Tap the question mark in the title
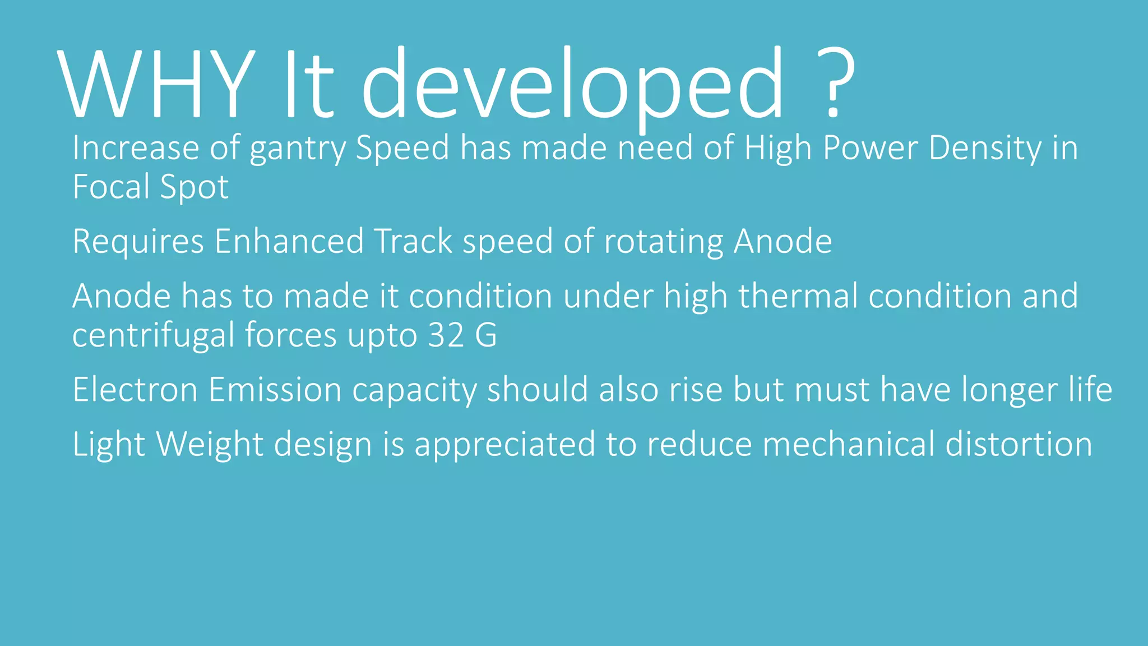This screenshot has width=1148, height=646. click(x=835, y=84)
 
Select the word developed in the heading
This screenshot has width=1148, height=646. click(x=572, y=84)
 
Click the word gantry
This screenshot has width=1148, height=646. click(x=297, y=149)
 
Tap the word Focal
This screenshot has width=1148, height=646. click(x=112, y=187)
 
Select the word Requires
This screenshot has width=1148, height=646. click(x=138, y=242)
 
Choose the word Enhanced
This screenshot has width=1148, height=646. click(x=289, y=241)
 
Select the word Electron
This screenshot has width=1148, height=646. click(x=135, y=390)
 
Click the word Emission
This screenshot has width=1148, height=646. click(x=275, y=390)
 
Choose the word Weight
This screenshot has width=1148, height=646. click(x=210, y=445)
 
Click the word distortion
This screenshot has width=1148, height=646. click(x=1019, y=444)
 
